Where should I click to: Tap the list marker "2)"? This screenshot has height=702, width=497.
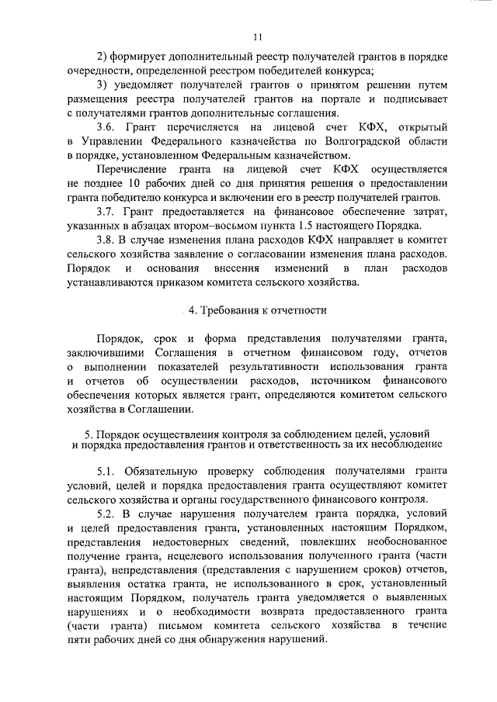click(102, 57)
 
